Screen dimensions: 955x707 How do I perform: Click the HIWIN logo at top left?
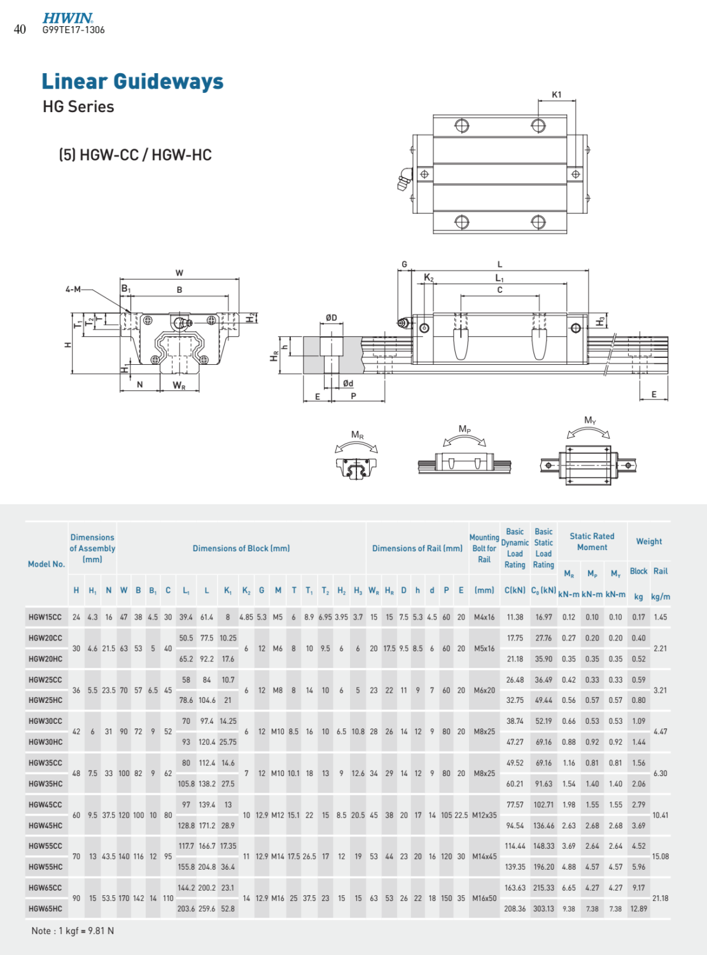[x=67, y=18]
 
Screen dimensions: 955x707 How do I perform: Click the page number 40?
[x=20, y=29]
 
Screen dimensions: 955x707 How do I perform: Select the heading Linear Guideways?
[x=132, y=81]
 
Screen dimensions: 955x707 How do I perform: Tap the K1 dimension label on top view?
[x=557, y=95]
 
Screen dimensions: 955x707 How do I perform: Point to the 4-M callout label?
[x=73, y=289]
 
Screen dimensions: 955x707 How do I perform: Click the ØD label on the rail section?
[x=331, y=318]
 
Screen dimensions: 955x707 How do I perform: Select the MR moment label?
[x=358, y=435]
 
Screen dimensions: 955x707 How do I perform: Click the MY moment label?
[x=591, y=420]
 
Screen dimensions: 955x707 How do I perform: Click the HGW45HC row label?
[x=46, y=826]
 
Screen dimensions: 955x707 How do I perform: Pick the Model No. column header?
[x=46, y=564]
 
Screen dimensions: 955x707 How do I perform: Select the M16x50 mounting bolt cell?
[x=484, y=898]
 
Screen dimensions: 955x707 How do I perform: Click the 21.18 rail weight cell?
[x=661, y=898]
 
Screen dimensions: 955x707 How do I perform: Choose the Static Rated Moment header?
[x=592, y=542]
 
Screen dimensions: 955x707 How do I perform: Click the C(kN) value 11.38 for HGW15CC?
[x=515, y=617]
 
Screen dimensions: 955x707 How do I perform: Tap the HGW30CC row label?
[x=46, y=721]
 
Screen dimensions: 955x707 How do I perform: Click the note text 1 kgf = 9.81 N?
[x=73, y=931]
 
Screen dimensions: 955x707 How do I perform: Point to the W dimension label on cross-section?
[x=179, y=273]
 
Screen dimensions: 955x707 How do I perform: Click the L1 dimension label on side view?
[x=500, y=278]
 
